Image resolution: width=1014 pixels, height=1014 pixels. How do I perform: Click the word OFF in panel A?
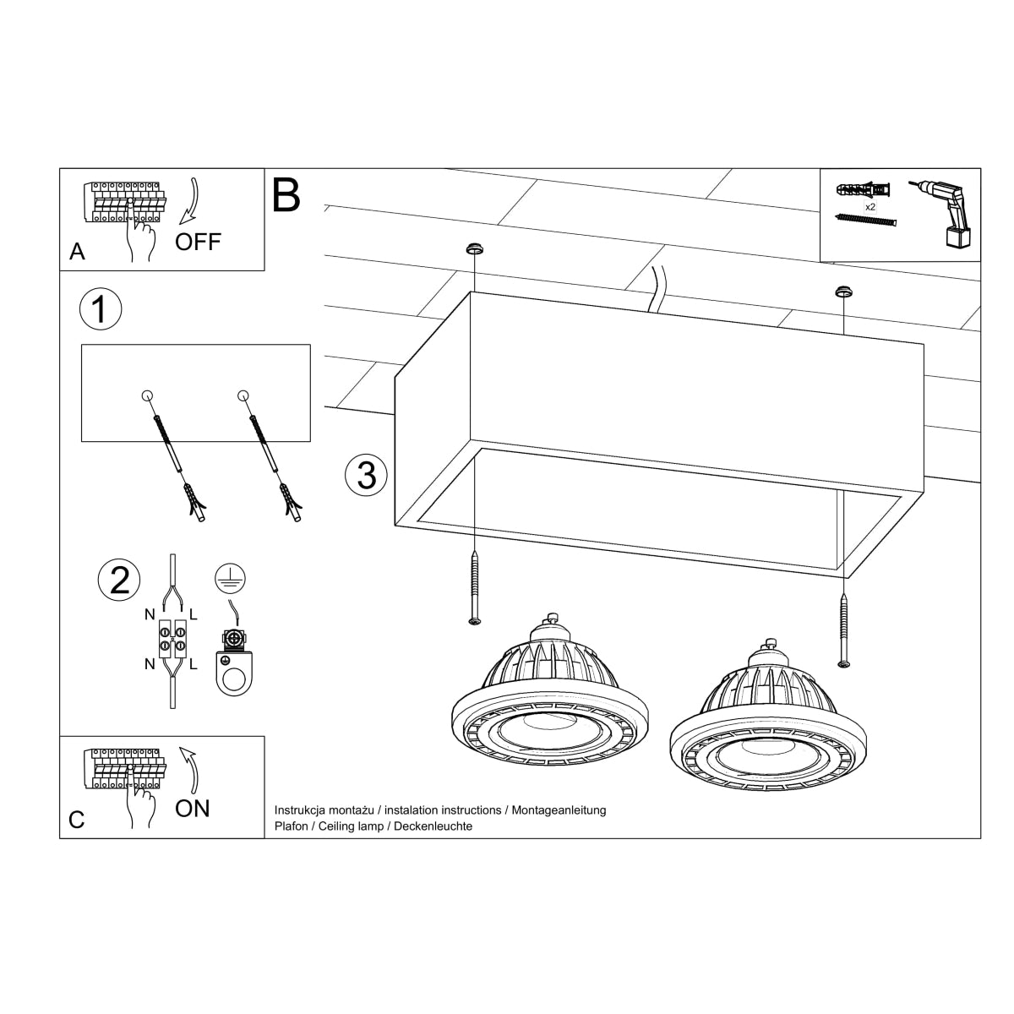(198, 242)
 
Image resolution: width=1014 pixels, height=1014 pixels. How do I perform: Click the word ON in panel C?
(193, 809)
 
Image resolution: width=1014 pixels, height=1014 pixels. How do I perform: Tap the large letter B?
(286, 195)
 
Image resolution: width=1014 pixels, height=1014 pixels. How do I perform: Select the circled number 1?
(100, 309)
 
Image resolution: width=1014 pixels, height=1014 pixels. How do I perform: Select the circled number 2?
(119, 581)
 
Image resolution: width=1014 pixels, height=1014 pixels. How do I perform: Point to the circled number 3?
(366, 476)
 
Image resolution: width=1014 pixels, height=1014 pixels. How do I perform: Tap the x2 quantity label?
(870, 206)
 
